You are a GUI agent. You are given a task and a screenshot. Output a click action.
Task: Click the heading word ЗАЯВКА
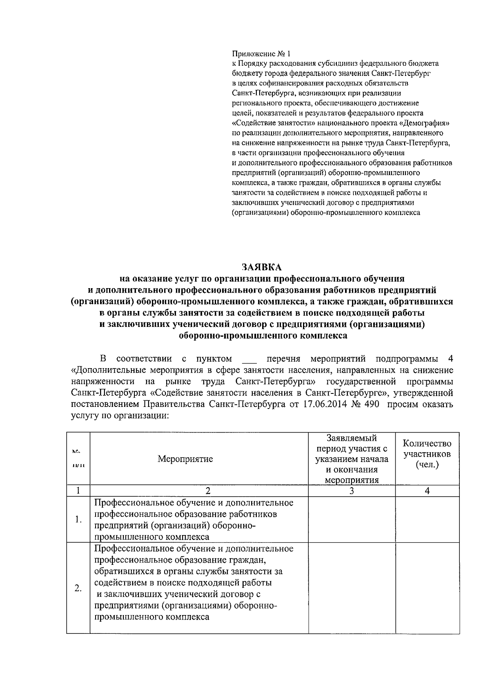(x=261, y=267)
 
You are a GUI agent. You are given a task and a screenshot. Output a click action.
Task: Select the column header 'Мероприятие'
(x=185, y=459)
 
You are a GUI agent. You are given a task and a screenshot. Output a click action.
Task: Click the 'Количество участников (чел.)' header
(x=427, y=454)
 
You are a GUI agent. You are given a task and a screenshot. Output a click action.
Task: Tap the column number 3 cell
(x=352, y=491)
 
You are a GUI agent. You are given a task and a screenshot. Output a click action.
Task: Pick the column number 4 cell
(x=427, y=491)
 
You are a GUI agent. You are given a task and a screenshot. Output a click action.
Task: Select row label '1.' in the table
(x=78, y=520)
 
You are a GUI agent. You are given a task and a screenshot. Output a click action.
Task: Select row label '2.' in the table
(x=78, y=588)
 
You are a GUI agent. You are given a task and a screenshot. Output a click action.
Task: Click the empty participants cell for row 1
(x=427, y=520)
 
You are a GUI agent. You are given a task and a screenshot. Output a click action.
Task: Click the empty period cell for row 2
(x=352, y=588)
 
